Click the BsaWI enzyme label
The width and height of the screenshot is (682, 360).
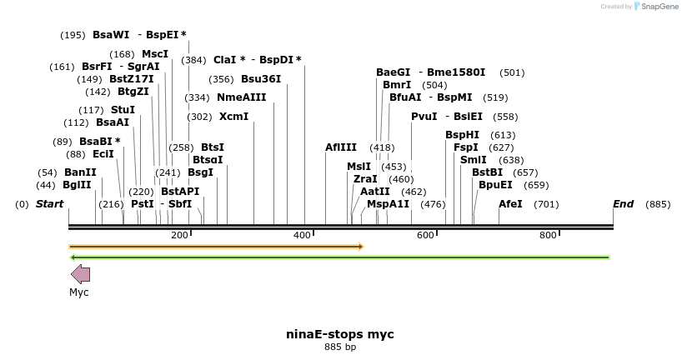click(111, 35)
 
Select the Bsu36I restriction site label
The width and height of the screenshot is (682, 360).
click(261, 79)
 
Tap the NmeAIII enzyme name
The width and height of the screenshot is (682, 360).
click(241, 97)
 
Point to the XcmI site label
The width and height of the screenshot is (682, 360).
click(233, 116)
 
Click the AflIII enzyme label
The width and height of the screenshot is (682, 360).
click(341, 147)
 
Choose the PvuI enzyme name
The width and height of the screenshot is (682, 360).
click(424, 116)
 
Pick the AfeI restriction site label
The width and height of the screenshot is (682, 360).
click(510, 204)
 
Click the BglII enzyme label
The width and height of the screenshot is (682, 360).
click(77, 185)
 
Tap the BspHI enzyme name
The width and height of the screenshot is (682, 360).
click(462, 134)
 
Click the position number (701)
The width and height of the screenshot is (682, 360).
click(545, 204)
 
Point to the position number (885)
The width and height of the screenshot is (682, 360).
click(658, 204)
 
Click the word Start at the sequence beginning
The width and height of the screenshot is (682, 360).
click(49, 204)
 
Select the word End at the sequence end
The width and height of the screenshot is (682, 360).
click(623, 204)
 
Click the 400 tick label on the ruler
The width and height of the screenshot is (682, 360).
click(303, 236)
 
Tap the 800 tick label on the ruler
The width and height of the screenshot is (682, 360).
click(548, 236)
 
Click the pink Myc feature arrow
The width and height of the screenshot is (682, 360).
click(80, 274)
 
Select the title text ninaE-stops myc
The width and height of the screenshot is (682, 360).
click(340, 334)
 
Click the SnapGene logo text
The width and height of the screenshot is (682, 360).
click(658, 7)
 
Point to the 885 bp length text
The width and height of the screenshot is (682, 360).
click(340, 347)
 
